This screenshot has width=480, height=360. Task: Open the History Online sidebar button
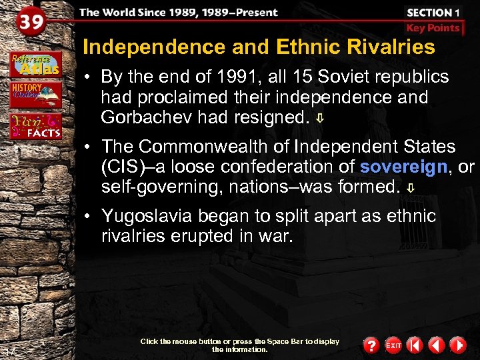(35, 94)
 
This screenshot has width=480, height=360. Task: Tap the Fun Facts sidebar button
(35, 125)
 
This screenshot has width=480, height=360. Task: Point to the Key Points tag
(433, 28)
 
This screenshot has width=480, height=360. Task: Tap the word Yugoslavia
(145, 216)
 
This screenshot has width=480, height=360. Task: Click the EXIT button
(393, 345)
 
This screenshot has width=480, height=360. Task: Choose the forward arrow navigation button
(457, 345)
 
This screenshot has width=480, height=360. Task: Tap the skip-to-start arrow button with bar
(415, 345)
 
